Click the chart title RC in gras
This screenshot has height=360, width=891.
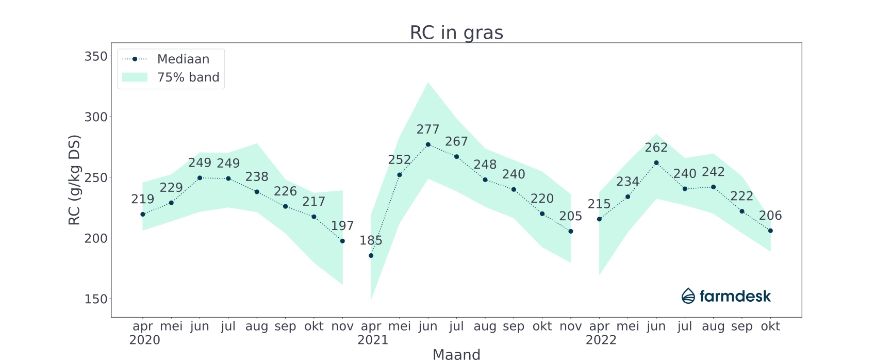point(456,32)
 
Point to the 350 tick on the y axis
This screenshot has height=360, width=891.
point(96,56)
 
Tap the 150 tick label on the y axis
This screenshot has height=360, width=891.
point(96,299)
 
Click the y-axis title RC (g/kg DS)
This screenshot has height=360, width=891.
point(74,180)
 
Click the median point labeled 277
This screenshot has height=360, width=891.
point(428,144)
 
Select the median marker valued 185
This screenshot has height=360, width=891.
point(371,255)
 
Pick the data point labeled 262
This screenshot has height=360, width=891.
point(656,162)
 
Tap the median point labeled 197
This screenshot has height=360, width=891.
point(342,241)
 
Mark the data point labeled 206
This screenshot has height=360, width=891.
point(770,231)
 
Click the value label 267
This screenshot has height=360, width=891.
point(456,141)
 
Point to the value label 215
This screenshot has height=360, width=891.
point(599,204)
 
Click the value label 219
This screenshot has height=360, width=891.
point(143,199)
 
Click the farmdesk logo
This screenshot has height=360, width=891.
point(726,296)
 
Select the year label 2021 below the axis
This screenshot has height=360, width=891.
point(373,340)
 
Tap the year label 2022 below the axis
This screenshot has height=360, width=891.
point(601,340)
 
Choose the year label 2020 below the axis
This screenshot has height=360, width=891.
point(144,340)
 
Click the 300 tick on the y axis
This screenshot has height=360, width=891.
point(96,117)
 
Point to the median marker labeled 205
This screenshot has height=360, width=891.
point(571,231)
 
